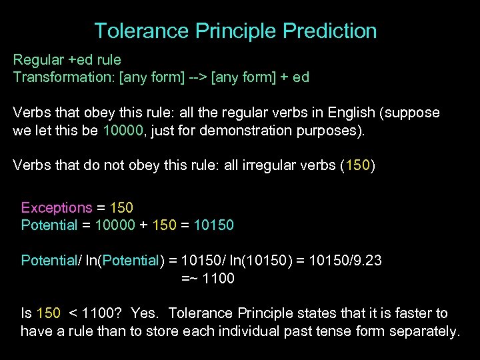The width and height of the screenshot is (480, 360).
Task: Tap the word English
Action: [369, 113]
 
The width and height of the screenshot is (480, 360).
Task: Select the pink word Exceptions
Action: [57, 208]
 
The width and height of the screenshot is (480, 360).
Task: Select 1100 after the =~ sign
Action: [218, 279]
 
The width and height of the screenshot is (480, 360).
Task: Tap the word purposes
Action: [333, 130]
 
